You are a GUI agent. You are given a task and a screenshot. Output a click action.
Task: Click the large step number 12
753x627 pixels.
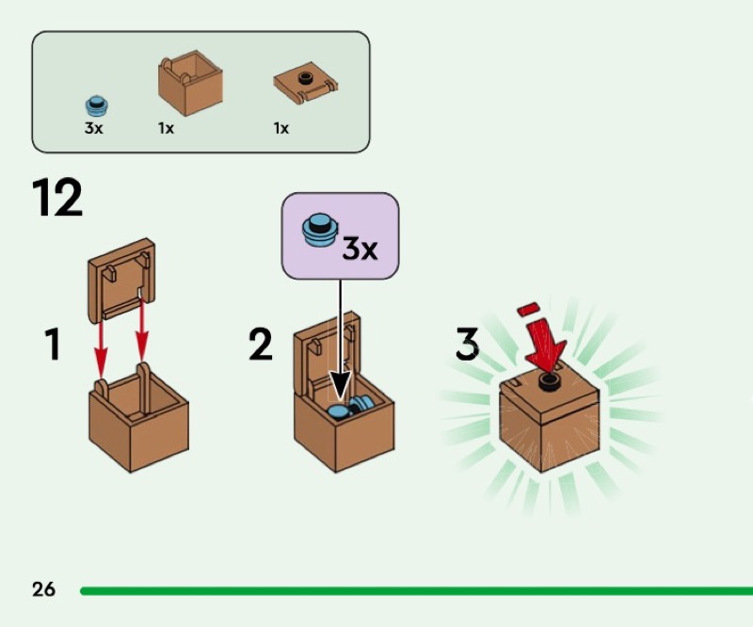pyautogui.click(x=57, y=197)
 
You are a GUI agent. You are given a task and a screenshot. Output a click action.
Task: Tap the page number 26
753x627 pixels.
pyautogui.click(x=43, y=589)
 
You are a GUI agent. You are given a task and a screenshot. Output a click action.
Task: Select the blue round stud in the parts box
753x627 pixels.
pyautogui.click(x=97, y=106)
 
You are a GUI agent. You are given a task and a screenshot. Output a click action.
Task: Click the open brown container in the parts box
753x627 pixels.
pyautogui.click(x=190, y=83)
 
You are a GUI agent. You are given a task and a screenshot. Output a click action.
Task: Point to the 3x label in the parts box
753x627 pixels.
pyautogui.click(x=93, y=128)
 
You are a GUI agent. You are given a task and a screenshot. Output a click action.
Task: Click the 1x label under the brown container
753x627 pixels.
pyautogui.click(x=167, y=128)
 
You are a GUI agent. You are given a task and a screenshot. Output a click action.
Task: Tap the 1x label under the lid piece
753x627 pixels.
pyautogui.click(x=281, y=128)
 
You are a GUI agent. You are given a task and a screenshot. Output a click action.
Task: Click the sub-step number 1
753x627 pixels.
pyautogui.click(x=53, y=343)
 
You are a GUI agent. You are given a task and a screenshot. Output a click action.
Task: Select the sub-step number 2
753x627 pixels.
pyautogui.click(x=261, y=343)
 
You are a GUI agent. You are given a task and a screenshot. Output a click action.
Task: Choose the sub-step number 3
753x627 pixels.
pyautogui.click(x=467, y=343)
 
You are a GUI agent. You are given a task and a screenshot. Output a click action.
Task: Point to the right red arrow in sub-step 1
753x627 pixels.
pyautogui.click(x=142, y=330)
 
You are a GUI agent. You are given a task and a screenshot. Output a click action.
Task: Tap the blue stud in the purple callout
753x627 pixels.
pyautogui.click(x=320, y=231)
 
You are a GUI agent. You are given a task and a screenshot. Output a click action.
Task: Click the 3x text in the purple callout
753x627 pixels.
pyautogui.click(x=360, y=249)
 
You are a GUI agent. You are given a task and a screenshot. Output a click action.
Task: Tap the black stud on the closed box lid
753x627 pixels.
pyautogui.click(x=550, y=380)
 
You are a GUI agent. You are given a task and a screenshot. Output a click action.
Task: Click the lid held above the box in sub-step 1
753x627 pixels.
pyautogui.click(x=121, y=280)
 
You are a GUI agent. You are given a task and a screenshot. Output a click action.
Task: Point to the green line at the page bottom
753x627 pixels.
pyautogui.click(x=416, y=590)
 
